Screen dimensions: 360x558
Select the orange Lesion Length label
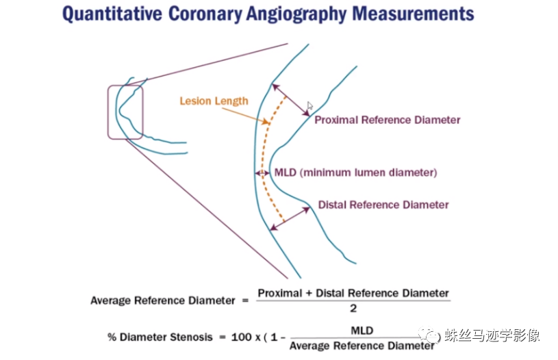(x=214, y=101)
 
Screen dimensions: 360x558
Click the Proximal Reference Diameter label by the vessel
(x=387, y=120)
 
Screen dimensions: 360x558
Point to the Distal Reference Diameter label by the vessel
(x=383, y=205)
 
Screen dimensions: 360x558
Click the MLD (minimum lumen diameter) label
(x=355, y=172)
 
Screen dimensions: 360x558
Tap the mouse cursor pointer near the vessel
(x=310, y=106)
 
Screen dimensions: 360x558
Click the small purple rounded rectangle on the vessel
(x=125, y=112)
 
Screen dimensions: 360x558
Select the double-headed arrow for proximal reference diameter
(x=290, y=101)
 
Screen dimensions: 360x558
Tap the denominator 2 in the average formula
(x=353, y=308)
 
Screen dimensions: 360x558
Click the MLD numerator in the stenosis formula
(x=362, y=331)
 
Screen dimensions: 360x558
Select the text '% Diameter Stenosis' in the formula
(x=153, y=337)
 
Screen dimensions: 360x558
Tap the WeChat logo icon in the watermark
(x=430, y=336)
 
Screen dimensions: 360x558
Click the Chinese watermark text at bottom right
(x=492, y=336)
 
